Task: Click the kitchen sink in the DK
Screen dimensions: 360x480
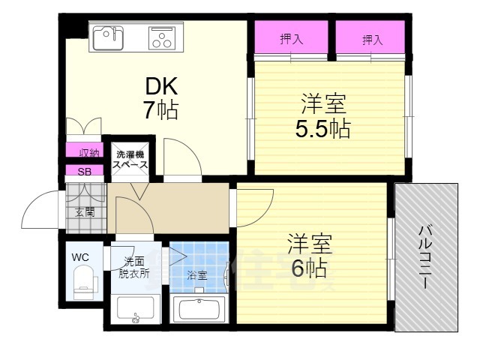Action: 108,35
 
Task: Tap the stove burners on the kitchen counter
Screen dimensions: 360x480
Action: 161,37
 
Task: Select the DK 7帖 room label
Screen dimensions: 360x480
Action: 160,98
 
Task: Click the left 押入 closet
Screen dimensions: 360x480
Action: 291,40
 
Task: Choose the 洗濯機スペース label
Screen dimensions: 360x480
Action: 130,158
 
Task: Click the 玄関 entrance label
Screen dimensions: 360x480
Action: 85,212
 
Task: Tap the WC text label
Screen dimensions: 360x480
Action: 80,257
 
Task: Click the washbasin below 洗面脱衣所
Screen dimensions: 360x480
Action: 136,308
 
